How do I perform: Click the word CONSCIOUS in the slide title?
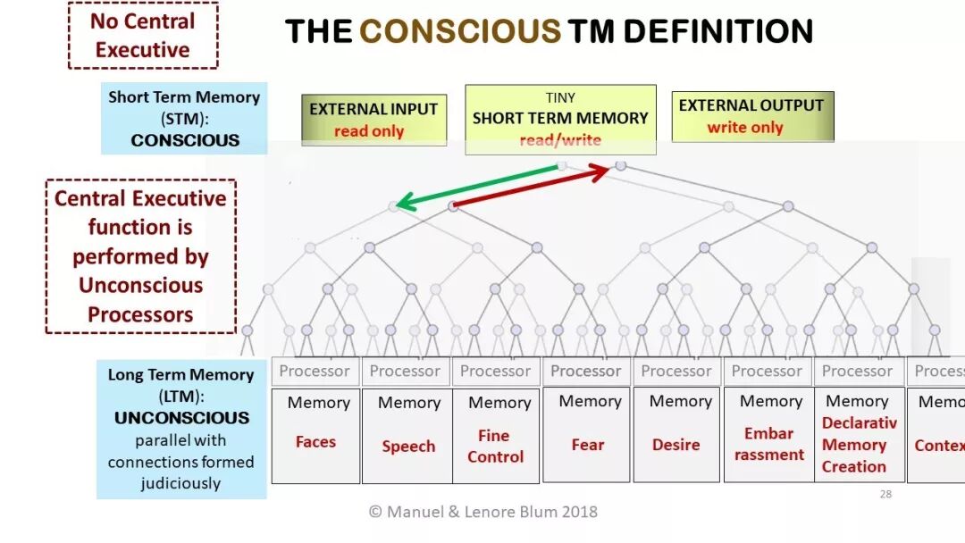459,32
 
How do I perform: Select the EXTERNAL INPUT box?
373,120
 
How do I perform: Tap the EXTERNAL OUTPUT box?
751,116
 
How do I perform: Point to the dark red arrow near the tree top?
531,188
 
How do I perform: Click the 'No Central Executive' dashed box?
143,35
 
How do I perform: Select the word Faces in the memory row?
315,441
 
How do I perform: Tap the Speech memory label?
408,446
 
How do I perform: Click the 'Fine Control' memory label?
495,446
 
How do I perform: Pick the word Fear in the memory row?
588,444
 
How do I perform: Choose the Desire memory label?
675,444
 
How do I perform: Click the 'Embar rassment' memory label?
768,444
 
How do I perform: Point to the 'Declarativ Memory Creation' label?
858,445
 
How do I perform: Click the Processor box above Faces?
315,371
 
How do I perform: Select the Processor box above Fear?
586,371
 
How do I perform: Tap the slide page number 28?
885,494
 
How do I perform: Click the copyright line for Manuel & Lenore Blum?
482,512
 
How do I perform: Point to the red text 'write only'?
744,128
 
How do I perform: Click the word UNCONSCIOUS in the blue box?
181,417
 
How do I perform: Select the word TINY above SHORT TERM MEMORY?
560,97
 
